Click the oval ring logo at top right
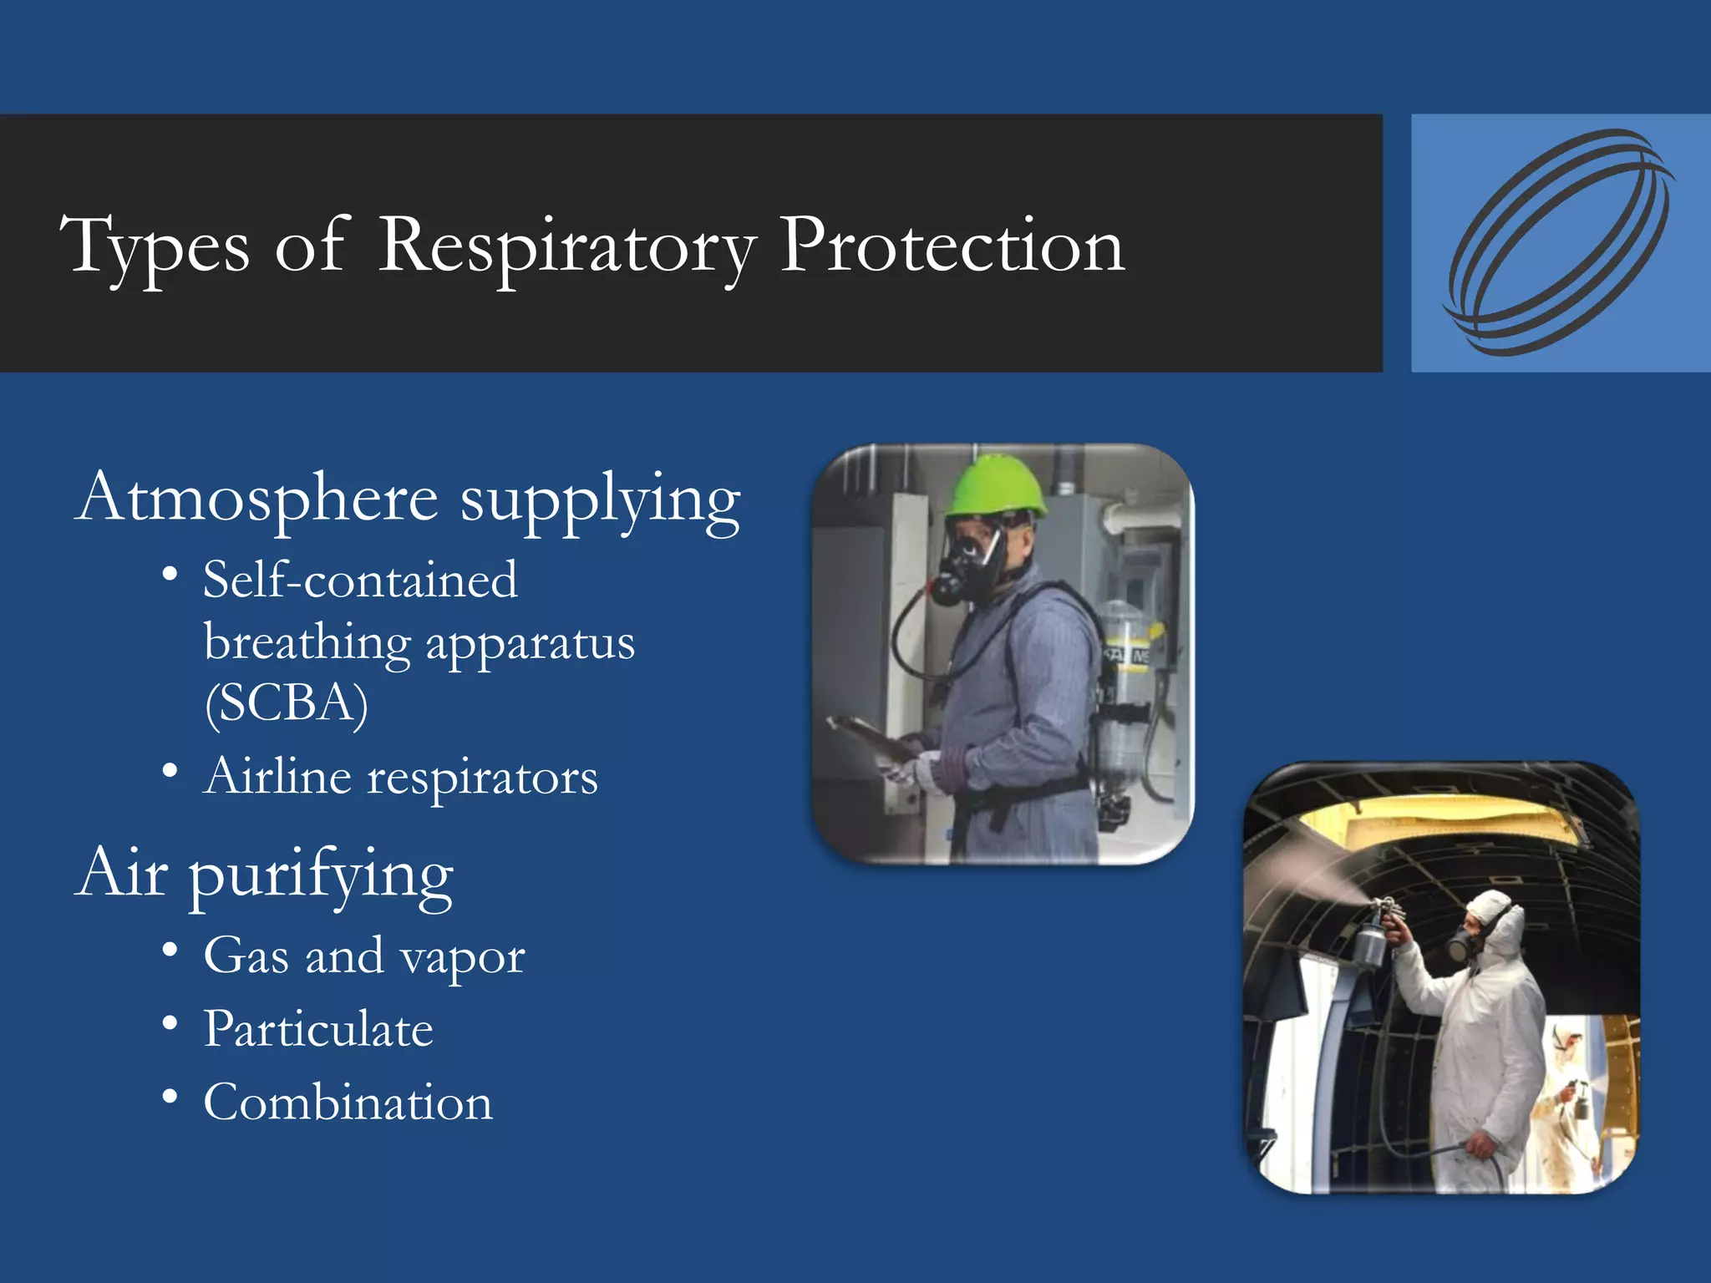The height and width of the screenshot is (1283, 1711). tap(1559, 243)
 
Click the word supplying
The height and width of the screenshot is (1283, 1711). tap(600, 501)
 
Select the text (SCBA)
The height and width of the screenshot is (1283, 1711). tap(287, 703)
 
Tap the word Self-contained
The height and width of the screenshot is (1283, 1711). tap(360, 580)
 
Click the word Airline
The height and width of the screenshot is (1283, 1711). tap(277, 777)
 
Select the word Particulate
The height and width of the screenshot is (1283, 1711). tap(318, 1029)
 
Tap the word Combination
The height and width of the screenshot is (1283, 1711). tap(348, 1103)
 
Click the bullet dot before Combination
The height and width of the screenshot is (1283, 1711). tap(170, 1096)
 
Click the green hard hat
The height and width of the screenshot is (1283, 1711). tap(996, 486)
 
